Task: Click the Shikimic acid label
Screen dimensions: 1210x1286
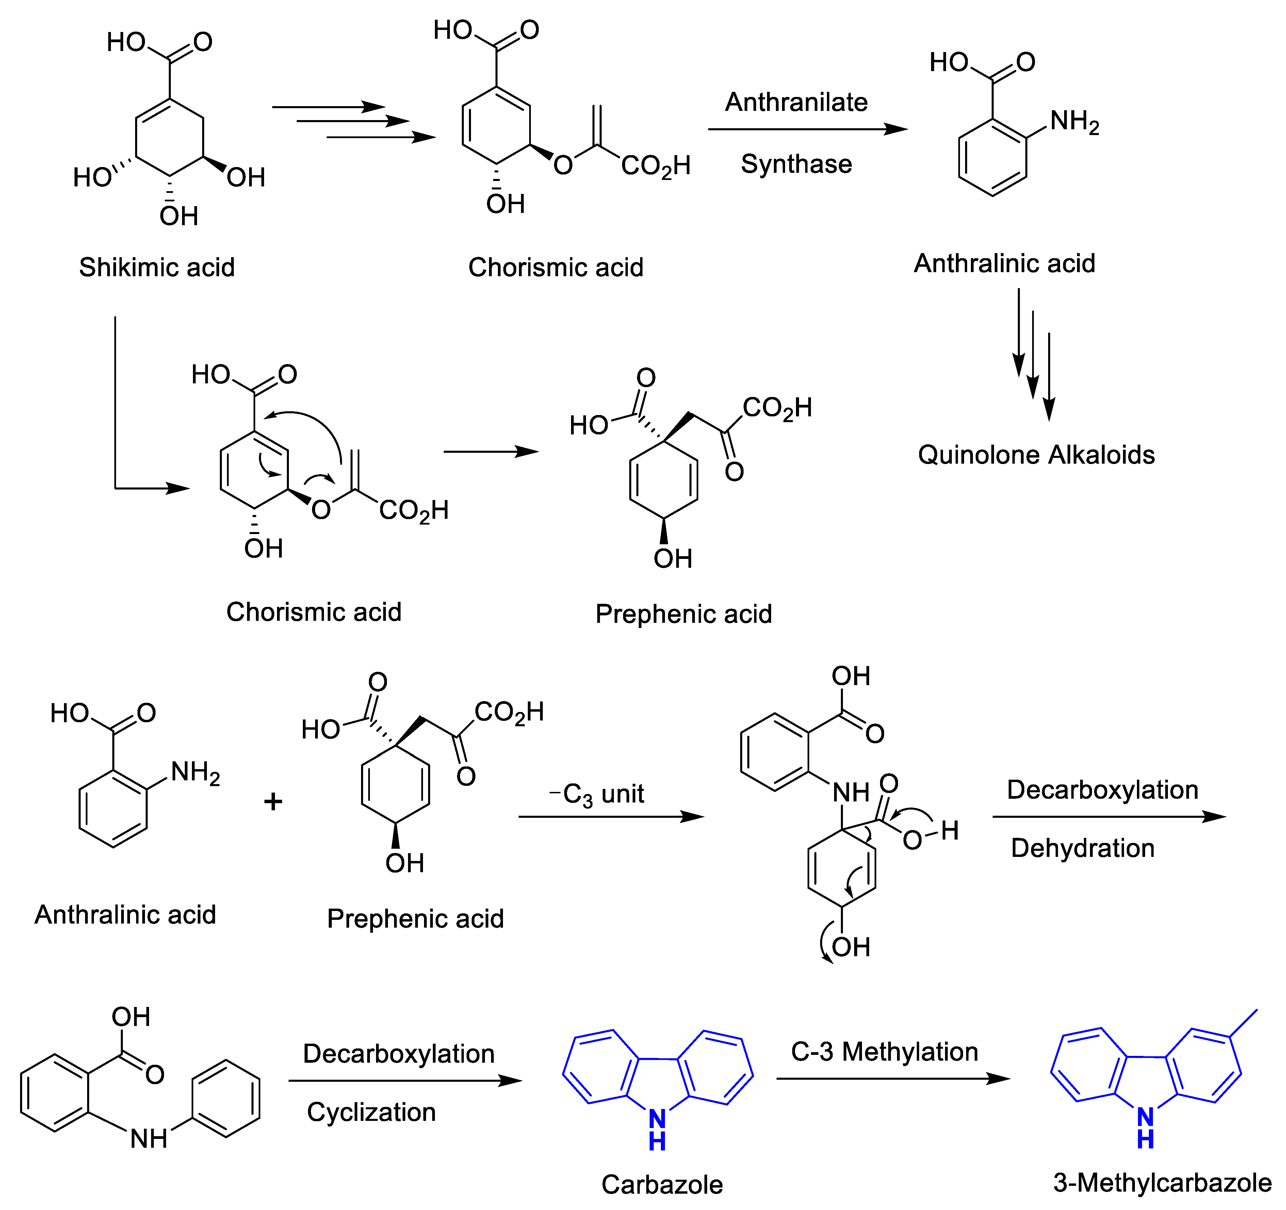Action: [x=157, y=267]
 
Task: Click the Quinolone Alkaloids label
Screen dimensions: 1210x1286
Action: [x=1036, y=454]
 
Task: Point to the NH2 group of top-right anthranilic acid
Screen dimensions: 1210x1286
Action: [x=1074, y=121]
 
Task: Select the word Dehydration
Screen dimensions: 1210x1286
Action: [x=1082, y=848]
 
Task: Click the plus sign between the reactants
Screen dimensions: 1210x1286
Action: [x=273, y=801]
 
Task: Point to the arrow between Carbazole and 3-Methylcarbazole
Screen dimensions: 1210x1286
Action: [x=893, y=1078]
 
